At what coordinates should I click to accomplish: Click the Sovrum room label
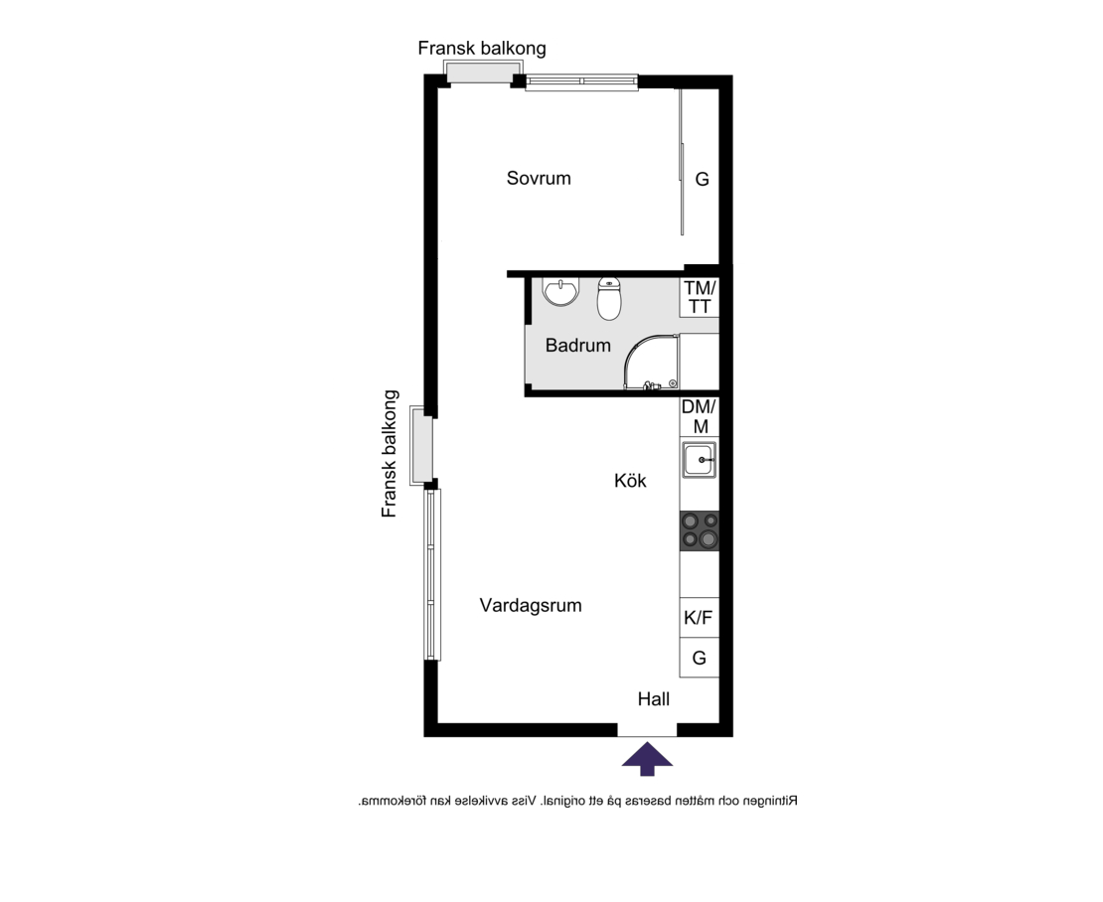pos(539,178)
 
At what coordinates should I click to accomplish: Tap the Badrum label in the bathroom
pos(577,345)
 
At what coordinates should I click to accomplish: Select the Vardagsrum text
pos(531,605)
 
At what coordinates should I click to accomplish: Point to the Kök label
pos(630,480)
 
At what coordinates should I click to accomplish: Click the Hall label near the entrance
pos(654,698)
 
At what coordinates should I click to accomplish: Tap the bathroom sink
pos(560,292)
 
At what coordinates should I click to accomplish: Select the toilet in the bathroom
pos(609,299)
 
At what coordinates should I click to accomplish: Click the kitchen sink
pos(700,460)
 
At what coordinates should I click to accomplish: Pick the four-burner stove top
pos(700,530)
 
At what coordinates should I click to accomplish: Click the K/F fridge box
pos(700,617)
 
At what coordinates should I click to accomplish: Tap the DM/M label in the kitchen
pos(700,416)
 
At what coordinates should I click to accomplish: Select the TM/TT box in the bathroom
pos(700,297)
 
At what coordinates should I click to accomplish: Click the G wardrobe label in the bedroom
pos(702,179)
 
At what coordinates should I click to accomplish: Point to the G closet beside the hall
pos(700,658)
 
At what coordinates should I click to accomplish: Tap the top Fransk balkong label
pos(482,48)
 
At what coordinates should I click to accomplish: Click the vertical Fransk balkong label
pos(390,454)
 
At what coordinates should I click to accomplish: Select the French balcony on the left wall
pos(422,446)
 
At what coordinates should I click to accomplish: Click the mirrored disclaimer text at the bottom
pos(577,801)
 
